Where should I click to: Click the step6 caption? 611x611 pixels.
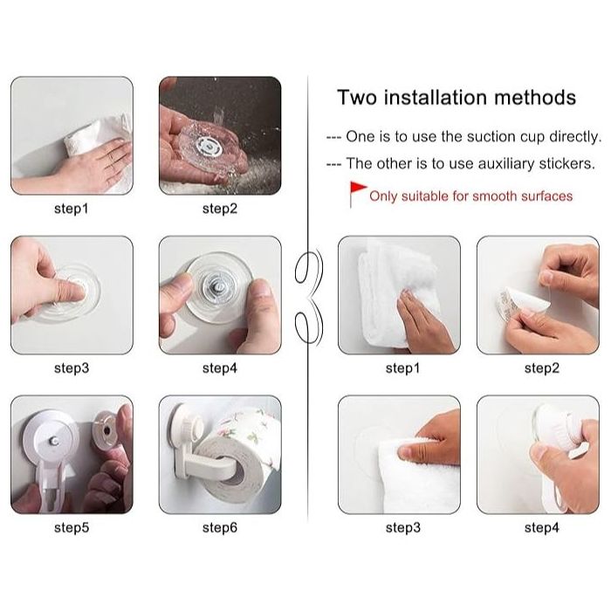point(220,527)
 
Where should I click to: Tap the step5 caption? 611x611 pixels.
point(72,527)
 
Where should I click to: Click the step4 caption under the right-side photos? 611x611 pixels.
point(542,527)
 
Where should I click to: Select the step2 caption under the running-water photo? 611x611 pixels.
point(220,209)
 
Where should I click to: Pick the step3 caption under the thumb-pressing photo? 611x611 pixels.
point(72,367)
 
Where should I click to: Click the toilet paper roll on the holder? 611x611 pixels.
point(237,460)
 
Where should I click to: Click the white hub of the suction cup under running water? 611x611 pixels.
point(209,147)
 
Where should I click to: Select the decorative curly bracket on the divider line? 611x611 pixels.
point(309,297)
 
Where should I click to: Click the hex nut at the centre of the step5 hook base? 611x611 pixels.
point(54,441)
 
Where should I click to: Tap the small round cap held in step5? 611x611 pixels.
point(105,429)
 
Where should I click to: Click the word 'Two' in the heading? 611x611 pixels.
point(357,98)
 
